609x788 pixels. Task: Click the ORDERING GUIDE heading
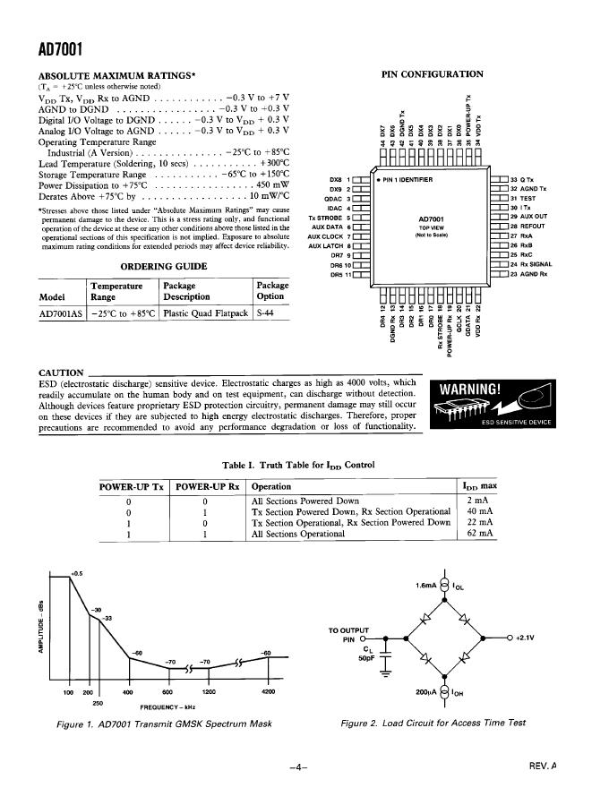coord(163,266)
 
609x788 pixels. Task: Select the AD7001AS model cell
coord(60,314)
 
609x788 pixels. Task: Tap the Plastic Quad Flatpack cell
coord(204,314)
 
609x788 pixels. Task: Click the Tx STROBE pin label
coord(326,218)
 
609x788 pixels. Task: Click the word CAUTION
coord(61,373)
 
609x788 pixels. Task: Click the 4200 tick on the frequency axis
coord(268,692)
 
